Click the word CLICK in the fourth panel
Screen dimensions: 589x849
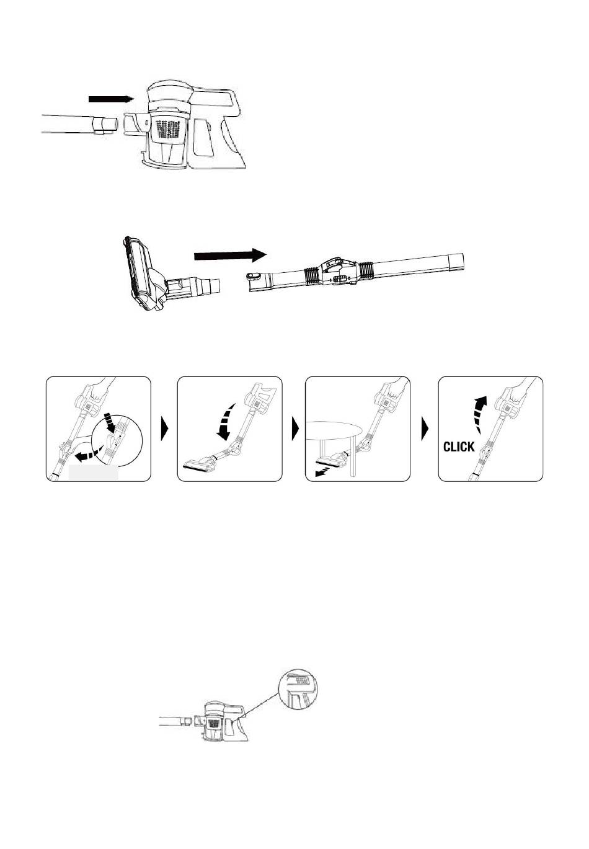pos(459,447)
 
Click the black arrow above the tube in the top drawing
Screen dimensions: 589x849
pos(111,99)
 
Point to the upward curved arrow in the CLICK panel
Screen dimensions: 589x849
pos(479,414)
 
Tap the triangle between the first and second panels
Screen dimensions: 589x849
pos(164,429)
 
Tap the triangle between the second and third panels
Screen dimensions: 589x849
pos(295,429)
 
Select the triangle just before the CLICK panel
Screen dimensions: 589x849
pos(425,429)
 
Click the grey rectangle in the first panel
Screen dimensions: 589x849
pos(93,473)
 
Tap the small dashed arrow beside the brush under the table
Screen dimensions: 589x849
pos(322,472)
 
